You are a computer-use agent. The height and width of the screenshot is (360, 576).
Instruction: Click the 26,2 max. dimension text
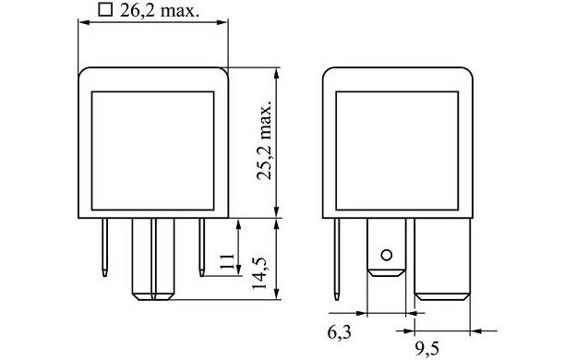[x=160, y=10]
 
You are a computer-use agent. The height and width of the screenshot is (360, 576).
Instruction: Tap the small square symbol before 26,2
[x=105, y=9]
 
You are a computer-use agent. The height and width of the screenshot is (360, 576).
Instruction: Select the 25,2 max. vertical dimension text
[x=265, y=140]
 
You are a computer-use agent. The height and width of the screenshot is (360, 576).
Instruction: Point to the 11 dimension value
[x=227, y=261]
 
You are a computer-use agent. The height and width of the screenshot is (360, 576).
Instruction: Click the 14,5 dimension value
[x=259, y=272]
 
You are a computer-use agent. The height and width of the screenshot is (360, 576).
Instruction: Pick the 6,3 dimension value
[x=340, y=332]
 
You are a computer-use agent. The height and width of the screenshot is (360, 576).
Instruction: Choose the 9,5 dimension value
[x=427, y=348]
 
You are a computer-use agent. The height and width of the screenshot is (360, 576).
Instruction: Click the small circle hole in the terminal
[x=387, y=255]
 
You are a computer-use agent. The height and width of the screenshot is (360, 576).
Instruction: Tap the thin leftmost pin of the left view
[x=104, y=247]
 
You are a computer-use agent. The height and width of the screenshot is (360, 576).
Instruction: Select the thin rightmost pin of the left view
[x=201, y=247]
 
